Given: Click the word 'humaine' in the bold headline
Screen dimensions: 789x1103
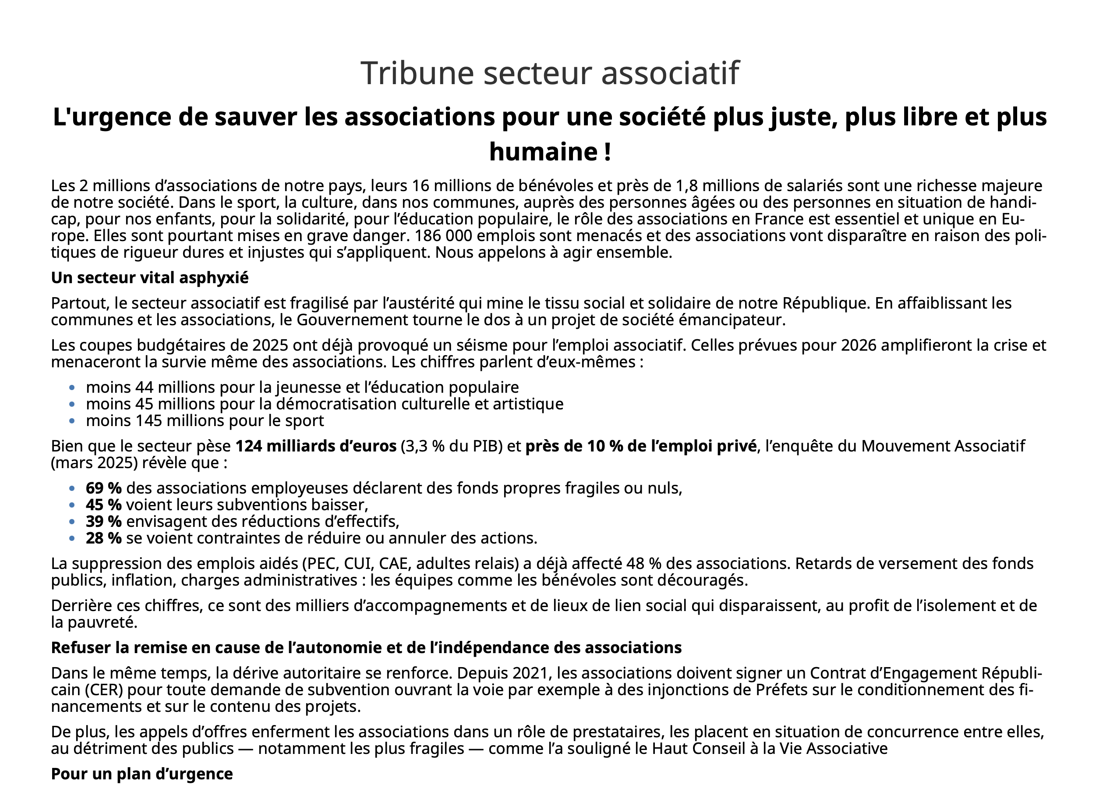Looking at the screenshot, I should pos(543,152).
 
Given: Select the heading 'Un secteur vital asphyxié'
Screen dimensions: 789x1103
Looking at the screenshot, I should pos(149,277).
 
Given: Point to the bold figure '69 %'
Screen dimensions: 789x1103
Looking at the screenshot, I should pos(103,488).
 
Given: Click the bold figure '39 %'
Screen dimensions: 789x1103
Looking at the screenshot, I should pos(103,521).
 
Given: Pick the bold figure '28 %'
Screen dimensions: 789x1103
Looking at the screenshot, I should pos(103,538).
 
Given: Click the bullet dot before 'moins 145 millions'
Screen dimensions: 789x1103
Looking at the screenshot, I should pos(72,421).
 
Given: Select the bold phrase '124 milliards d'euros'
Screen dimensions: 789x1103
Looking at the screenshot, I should pos(315,446).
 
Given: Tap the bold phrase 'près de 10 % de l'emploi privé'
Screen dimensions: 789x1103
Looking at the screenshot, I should pos(641,446).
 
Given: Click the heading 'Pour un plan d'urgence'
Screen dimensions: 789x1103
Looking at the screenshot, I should pos(142,774).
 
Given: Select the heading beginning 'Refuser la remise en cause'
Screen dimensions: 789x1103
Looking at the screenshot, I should pos(366,647).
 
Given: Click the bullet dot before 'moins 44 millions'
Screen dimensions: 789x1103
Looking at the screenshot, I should pos(72,387).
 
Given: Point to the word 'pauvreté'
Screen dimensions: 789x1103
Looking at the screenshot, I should pos(102,622).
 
